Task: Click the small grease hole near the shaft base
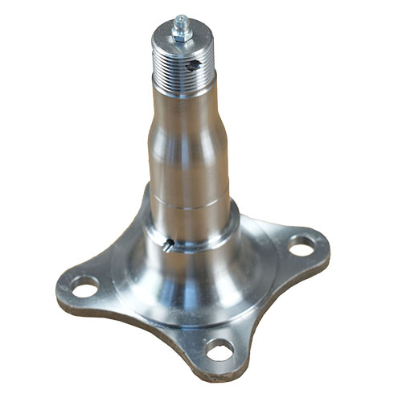click(x=166, y=245)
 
